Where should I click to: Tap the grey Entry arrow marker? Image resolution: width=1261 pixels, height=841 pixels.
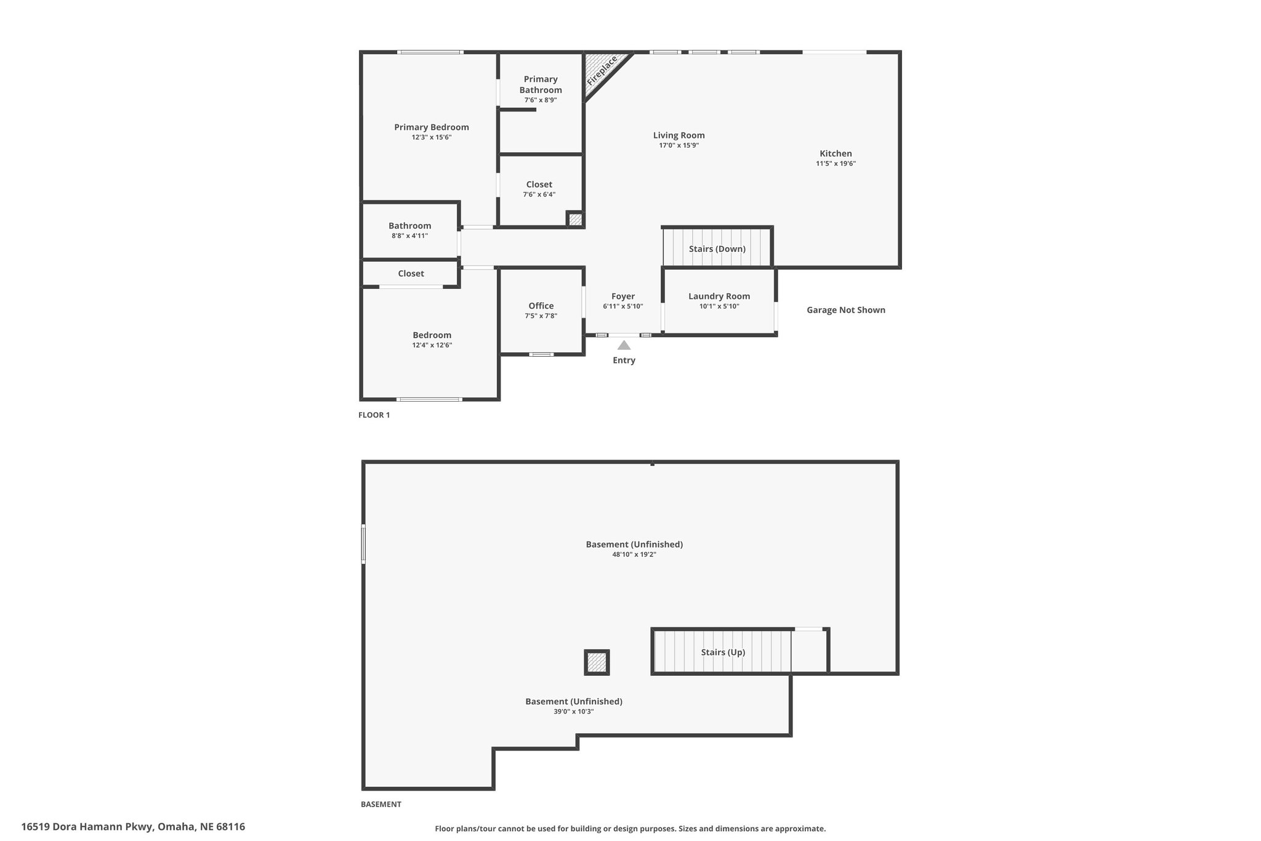[x=624, y=345]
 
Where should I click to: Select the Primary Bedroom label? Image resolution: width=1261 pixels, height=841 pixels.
[x=432, y=127]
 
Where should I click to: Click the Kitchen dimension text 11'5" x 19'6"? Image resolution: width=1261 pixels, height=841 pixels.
[x=836, y=163]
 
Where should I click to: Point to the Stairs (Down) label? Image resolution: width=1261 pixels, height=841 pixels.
[x=717, y=249]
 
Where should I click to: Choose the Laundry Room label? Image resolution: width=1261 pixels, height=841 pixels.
[x=719, y=296]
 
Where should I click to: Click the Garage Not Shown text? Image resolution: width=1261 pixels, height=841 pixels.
[x=846, y=310]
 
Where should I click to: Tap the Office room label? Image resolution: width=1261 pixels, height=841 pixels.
[x=541, y=306]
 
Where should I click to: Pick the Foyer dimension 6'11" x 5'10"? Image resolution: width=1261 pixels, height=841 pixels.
[x=623, y=306]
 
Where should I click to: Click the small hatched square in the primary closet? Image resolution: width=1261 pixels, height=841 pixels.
[x=575, y=219]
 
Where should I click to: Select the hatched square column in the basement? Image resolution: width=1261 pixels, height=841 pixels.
[x=597, y=662]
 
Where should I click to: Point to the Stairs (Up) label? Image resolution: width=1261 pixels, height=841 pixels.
[x=723, y=652]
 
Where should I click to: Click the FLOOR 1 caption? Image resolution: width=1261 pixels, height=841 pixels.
[x=374, y=415]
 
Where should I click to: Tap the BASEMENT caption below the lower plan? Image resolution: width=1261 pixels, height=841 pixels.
[x=381, y=804]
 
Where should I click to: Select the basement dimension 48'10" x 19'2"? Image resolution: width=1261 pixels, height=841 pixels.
[x=634, y=554]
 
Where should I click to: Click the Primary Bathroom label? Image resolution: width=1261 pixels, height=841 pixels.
[x=541, y=84]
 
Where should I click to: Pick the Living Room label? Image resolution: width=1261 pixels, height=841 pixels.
[x=679, y=135]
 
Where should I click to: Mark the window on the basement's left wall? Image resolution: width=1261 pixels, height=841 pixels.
[x=363, y=543]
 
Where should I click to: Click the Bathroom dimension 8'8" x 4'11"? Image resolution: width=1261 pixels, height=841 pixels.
[x=409, y=235]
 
